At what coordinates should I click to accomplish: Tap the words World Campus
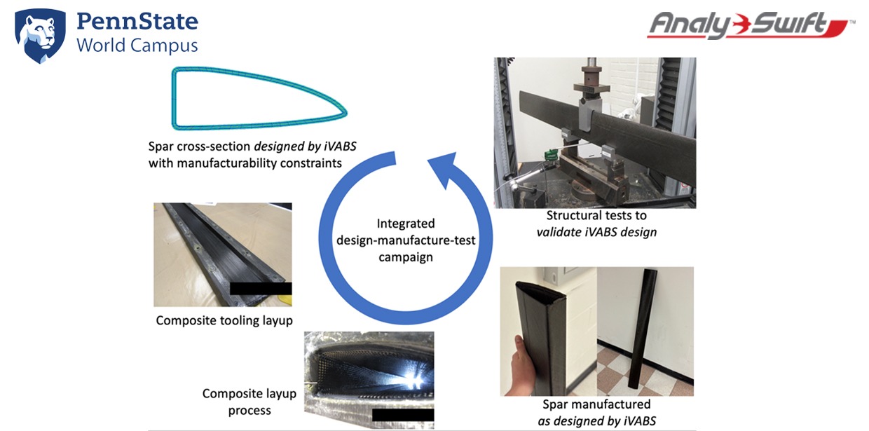pos(137,46)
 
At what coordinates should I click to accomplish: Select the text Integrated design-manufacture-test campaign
pos(406,240)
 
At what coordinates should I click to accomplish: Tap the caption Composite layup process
pos(249,402)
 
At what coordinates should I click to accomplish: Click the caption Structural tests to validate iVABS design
pos(601,224)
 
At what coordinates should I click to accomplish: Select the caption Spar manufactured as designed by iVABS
pos(596,412)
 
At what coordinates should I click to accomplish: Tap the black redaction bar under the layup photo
pos(403,414)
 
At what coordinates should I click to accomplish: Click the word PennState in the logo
pos(137,21)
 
